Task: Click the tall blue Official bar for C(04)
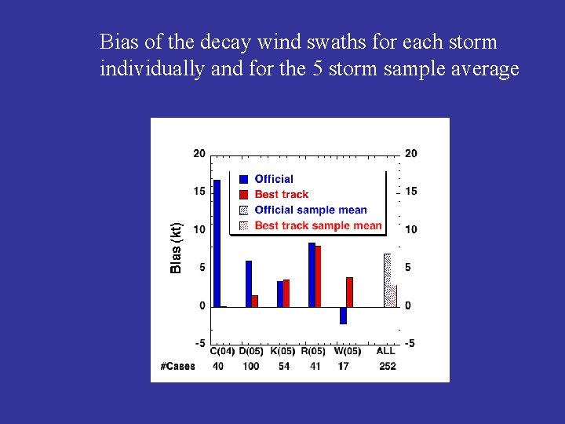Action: tap(217, 243)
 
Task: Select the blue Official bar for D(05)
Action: tap(249, 283)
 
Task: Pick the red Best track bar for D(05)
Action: tap(255, 301)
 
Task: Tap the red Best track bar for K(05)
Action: tap(286, 293)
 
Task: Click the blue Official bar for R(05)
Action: tap(312, 275)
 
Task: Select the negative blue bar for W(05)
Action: tap(343, 315)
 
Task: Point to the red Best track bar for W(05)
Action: tap(349, 292)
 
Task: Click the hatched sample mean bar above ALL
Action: tap(387, 280)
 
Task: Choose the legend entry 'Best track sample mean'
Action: tap(318, 225)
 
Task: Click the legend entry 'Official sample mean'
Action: tap(311, 210)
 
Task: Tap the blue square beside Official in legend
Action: tap(243, 179)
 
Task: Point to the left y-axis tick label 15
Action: tap(199, 192)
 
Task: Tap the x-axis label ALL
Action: tap(386, 351)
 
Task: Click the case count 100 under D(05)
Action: tap(251, 366)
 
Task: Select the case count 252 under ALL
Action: tap(387, 366)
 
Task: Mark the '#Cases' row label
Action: tap(178, 366)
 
